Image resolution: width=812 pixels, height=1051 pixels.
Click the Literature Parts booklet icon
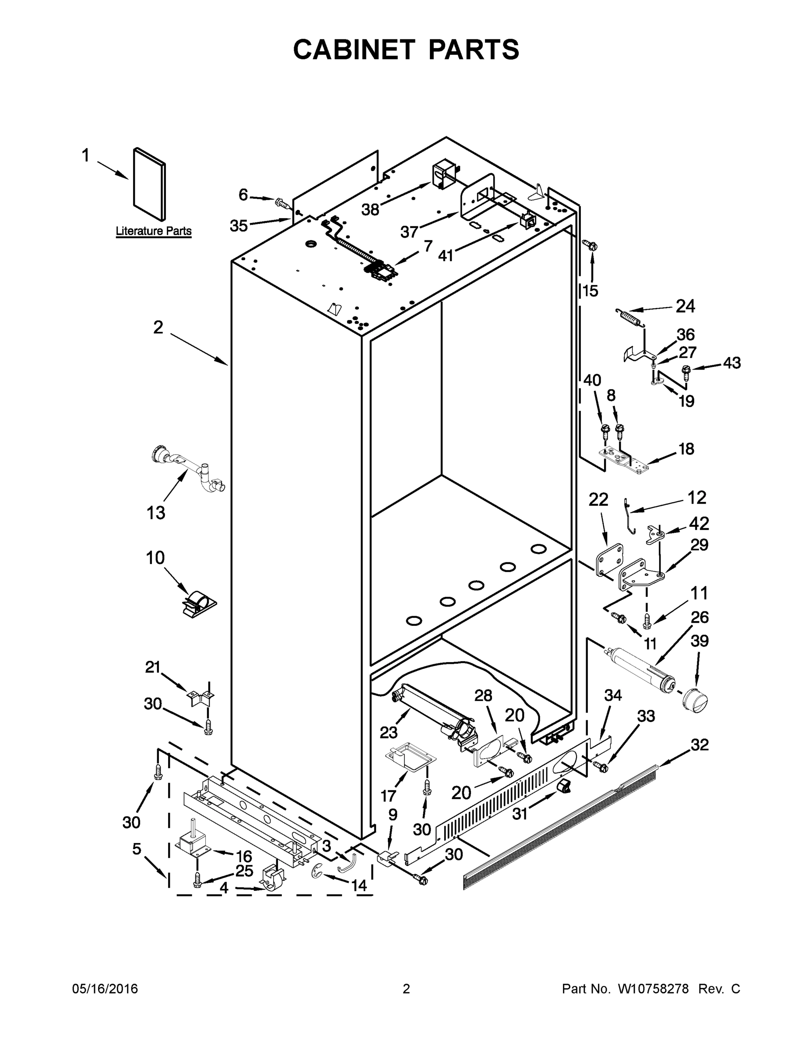[150, 183]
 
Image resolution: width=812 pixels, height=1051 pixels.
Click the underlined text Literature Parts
[154, 231]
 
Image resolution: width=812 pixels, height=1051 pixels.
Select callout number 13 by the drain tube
[155, 513]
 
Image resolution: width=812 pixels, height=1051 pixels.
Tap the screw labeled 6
[282, 204]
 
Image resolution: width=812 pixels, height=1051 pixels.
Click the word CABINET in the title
[354, 49]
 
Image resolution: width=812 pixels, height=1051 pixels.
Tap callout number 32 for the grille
[700, 745]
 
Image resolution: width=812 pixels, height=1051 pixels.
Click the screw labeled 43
[686, 371]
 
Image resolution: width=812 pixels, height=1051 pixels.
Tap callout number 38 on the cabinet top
[370, 209]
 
